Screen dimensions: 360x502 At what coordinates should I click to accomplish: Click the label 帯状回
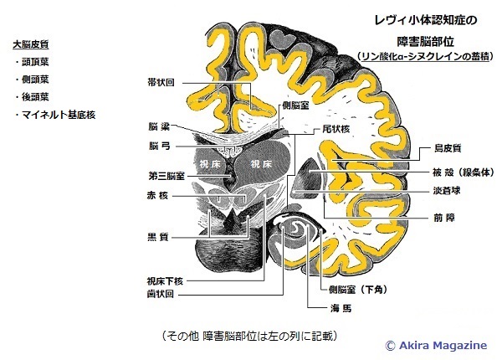tap(160, 82)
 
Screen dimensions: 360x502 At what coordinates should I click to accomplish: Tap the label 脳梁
tap(160, 127)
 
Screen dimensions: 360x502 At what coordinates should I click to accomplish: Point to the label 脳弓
tap(160, 145)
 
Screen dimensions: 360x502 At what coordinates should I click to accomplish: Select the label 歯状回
tap(160, 295)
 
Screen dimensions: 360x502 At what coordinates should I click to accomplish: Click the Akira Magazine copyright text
tap(439, 343)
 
